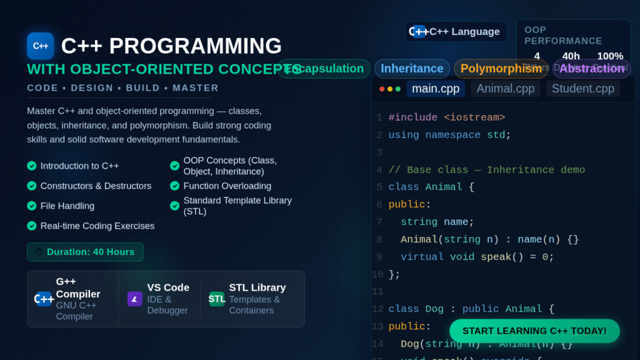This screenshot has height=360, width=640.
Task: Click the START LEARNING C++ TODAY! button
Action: pos(534,331)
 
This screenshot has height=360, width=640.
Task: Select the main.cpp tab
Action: pos(435,89)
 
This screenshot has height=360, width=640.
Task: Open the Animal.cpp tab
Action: pos(505,89)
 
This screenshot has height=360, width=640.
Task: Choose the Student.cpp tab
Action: pos(582,89)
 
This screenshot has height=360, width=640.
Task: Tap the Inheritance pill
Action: pos(412,69)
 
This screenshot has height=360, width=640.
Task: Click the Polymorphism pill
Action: pos(501,69)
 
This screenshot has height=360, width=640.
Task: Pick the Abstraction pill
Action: pos(591,69)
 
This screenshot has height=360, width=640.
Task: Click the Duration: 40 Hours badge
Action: pos(85,252)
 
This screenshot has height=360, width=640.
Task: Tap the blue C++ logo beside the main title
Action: pos(41,46)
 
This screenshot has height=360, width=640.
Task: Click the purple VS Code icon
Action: pos(135,299)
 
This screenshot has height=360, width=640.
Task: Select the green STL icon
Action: pos(217,299)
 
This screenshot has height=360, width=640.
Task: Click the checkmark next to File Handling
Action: pos(32,206)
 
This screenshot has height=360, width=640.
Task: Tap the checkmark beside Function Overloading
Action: pos(175,186)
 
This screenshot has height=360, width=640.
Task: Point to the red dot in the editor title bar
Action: pos(382,89)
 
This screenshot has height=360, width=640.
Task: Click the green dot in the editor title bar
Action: pos(398,89)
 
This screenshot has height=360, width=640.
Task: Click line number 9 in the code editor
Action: pos(379,257)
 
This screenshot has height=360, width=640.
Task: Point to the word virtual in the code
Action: pos(422,257)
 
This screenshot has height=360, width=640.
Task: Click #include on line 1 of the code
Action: pos(412,117)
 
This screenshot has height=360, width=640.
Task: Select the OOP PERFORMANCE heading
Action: pos(562,35)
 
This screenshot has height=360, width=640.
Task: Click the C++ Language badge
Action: pos(456,31)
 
